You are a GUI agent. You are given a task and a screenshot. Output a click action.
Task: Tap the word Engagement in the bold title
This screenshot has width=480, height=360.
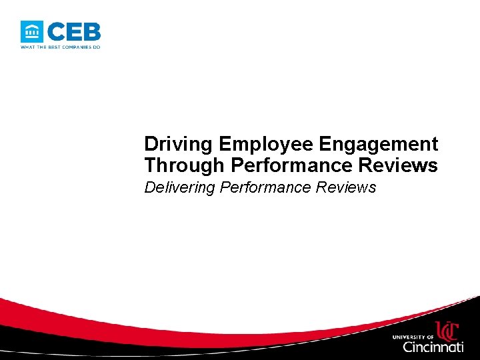coord(379,145)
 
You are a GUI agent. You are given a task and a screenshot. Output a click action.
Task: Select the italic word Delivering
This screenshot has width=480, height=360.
coord(180,187)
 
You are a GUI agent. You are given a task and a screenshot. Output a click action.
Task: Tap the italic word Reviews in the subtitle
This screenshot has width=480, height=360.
coord(347,187)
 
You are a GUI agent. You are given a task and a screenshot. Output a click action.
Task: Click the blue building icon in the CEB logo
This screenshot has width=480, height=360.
coord(32,31)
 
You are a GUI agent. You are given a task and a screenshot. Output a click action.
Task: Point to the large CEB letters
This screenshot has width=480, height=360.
coord(74,31)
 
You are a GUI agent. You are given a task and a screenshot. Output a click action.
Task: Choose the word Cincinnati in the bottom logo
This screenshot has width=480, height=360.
coord(433,347)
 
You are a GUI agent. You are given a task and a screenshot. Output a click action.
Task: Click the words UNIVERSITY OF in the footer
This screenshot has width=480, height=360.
coord(413,336)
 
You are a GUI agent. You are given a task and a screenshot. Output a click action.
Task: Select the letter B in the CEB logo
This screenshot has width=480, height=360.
coord(92,31)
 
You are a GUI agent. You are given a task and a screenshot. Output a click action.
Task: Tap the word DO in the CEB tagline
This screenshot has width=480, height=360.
coord(96,47)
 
